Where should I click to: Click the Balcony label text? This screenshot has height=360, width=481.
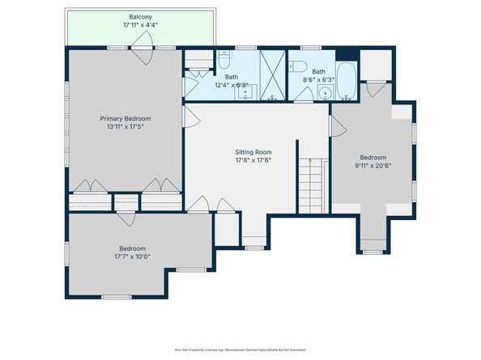pyautogui.click(x=141, y=17)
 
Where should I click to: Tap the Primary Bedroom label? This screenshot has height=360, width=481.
pyautogui.click(x=126, y=119)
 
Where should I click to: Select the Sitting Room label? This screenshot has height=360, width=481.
pyautogui.click(x=253, y=151)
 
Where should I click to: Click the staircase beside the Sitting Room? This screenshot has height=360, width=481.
pyautogui.click(x=311, y=184)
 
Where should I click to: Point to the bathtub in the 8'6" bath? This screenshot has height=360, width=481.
pyautogui.click(x=348, y=82)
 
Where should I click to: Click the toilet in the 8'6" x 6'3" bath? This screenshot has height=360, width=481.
pyautogui.click(x=298, y=66)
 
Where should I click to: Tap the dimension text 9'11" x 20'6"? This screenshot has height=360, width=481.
pyautogui.click(x=372, y=167)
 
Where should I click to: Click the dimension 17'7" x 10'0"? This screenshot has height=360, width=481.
pyautogui.click(x=132, y=257)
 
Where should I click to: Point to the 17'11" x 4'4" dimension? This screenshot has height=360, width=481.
pyautogui.click(x=141, y=26)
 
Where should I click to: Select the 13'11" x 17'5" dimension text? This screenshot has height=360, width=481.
pyautogui.click(x=126, y=128)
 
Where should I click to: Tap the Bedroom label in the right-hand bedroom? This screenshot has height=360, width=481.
pyautogui.click(x=372, y=158)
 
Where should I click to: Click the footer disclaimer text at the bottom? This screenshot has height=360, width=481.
pyautogui.click(x=240, y=349)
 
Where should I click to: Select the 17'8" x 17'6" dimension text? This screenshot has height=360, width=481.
pyautogui.click(x=253, y=160)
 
